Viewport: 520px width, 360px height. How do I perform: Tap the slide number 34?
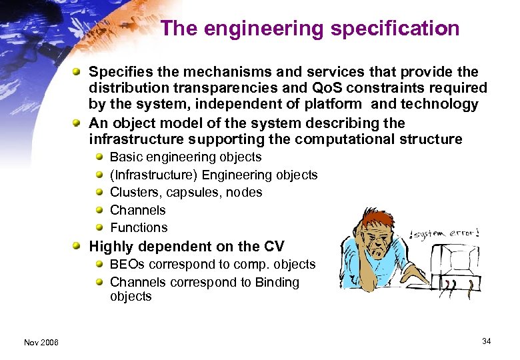click(x=487, y=341)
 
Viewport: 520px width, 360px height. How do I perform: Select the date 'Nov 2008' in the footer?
click(x=41, y=342)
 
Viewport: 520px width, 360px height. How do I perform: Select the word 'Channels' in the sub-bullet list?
click(x=137, y=210)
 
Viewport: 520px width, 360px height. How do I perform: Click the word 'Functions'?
click(x=139, y=227)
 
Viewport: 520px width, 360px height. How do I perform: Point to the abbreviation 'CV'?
click(x=274, y=247)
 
